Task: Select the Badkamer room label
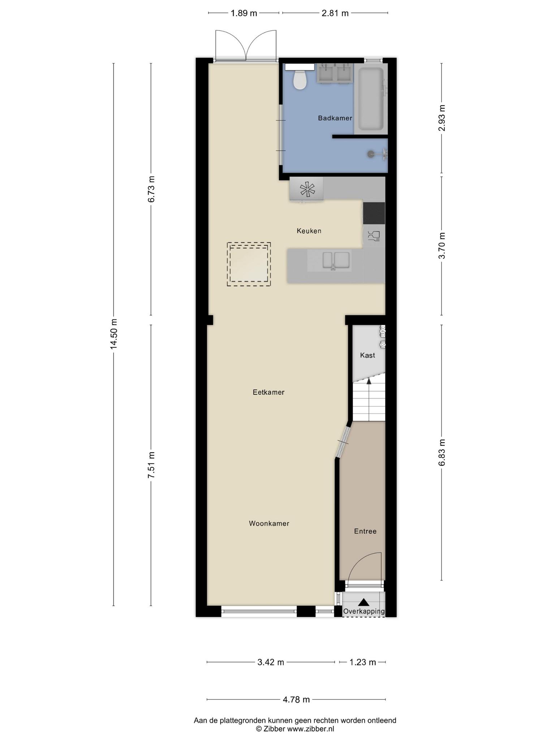coord(335,118)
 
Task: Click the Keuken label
coord(309,231)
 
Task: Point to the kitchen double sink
coord(336,261)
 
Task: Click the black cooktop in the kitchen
coord(374,213)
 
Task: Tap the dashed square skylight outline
coord(249,264)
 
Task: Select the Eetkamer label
coord(268,392)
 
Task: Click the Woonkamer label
coord(269,524)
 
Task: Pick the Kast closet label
coord(367,355)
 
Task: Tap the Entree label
coord(365,531)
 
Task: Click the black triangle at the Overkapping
coord(363,602)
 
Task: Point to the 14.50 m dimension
coord(114,334)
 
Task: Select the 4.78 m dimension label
coord(296,699)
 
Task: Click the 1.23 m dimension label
coord(363,662)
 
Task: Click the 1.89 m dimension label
coord(244,13)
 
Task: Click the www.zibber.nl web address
coord(310,729)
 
